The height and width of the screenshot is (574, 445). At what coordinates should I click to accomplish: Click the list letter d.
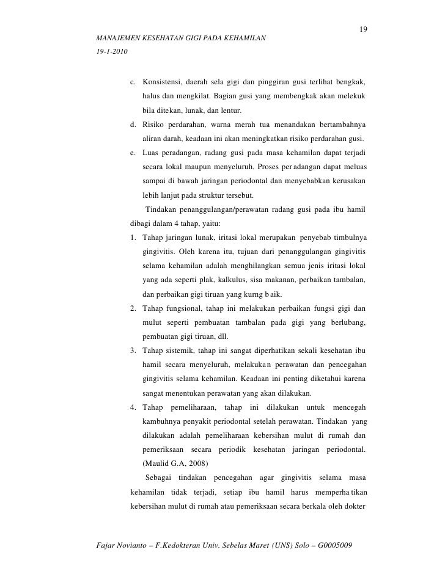[133, 125]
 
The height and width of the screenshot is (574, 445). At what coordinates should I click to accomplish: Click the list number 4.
[133, 407]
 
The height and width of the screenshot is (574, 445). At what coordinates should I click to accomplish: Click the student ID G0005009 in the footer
[336, 544]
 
